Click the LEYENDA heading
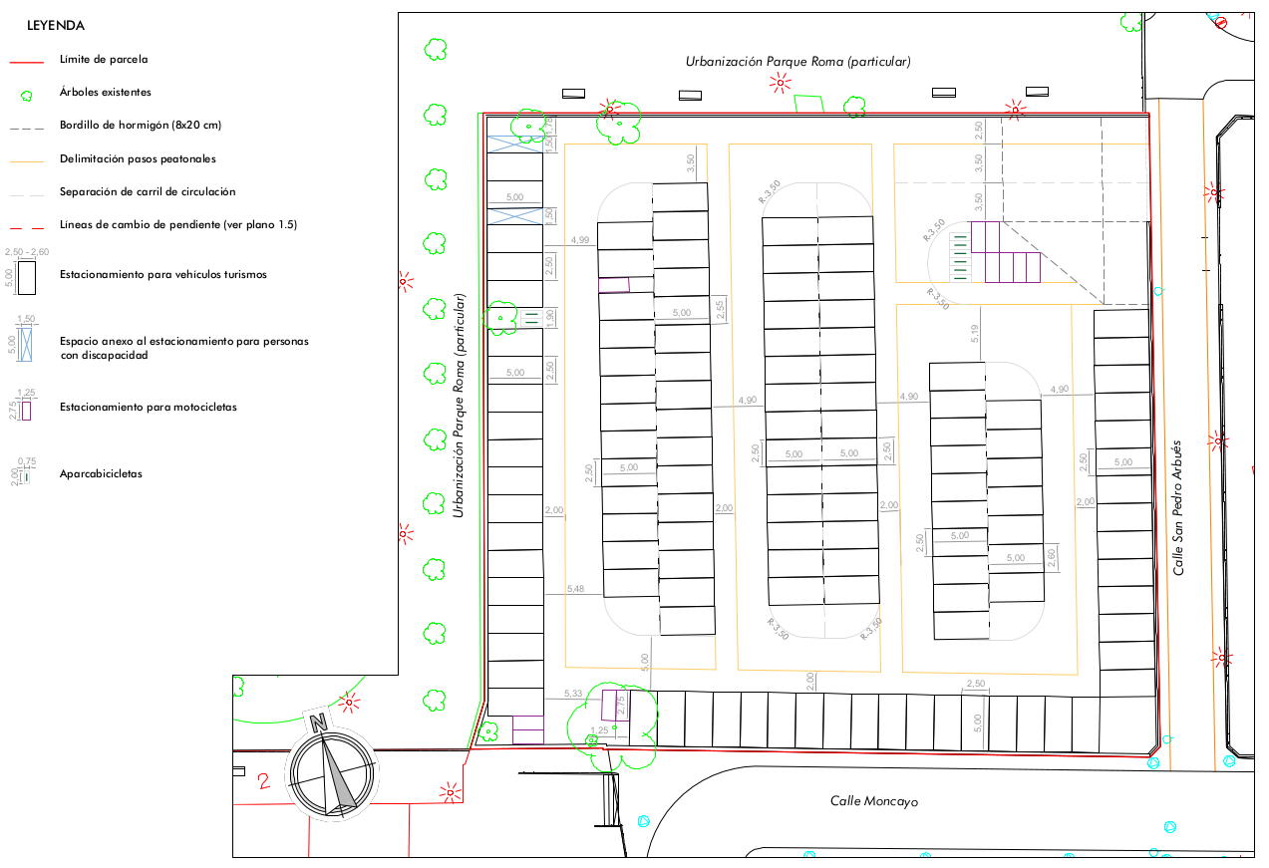[x=56, y=26]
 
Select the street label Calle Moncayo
[x=874, y=801]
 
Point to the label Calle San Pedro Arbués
[x=1178, y=507]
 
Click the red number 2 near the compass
[x=263, y=781]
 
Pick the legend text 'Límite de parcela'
[x=104, y=59]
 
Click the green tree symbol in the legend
[x=26, y=96]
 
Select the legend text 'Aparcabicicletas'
[x=101, y=473]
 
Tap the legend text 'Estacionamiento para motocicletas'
[x=148, y=407]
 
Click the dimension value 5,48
[x=575, y=589]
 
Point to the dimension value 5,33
[x=572, y=693]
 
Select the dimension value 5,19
[x=975, y=334]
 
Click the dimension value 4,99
[x=580, y=240]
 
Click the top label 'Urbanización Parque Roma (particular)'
[x=797, y=62]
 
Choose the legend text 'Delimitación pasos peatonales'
[x=138, y=158]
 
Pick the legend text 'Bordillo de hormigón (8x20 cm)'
[x=141, y=126]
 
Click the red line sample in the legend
[x=26, y=62]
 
